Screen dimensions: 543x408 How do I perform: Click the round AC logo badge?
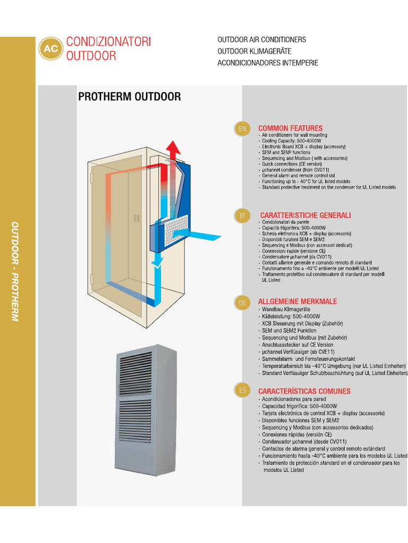click(x=51, y=49)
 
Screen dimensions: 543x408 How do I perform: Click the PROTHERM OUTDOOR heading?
click(x=129, y=97)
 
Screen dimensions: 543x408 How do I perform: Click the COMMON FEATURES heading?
click(x=290, y=128)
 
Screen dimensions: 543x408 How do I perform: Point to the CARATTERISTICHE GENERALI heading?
click(x=305, y=215)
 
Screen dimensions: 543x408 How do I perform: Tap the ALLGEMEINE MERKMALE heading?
click(x=297, y=302)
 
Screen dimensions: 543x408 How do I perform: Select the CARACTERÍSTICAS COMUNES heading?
click(x=304, y=391)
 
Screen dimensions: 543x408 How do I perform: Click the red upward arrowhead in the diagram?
click(x=172, y=147)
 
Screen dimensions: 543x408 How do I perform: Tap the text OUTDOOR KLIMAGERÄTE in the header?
click(x=254, y=51)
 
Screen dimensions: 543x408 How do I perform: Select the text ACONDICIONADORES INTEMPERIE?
click(x=268, y=63)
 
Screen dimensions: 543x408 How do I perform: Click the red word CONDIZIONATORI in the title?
click(x=108, y=42)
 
